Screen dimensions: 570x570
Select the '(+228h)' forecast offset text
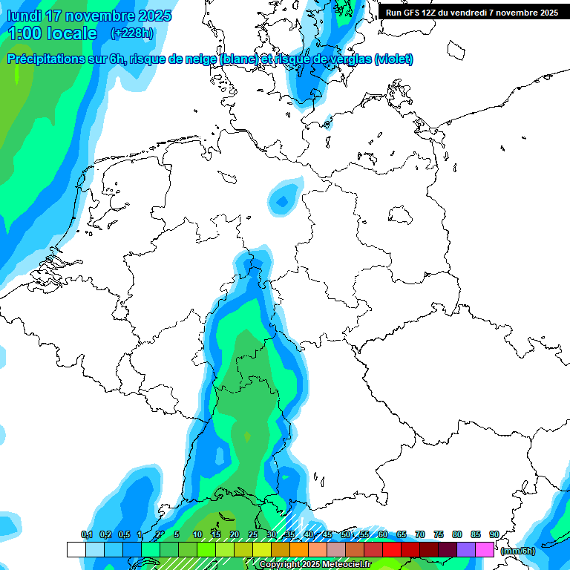(x=132, y=33)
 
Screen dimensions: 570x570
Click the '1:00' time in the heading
(x=24, y=33)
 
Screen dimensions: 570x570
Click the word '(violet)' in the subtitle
(x=394, y=59)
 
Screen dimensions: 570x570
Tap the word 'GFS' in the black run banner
(x=412, y=13)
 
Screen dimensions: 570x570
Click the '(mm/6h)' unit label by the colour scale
(x=518, y=551)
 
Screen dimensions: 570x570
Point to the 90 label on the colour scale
(x=494, y=534)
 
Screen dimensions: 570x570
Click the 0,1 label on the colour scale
(x=86, y=534)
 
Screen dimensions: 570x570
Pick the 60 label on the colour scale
(x=383, y=534)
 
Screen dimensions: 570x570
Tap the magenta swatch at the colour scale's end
(x=485, y=549)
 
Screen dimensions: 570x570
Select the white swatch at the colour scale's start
(x=76, y=549)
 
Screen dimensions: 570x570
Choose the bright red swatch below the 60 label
(x=392, y=549)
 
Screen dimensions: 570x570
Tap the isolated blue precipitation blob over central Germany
(x=283, y=200)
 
